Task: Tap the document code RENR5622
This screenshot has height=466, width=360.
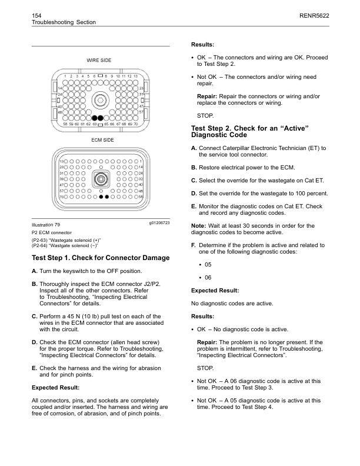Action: (x=314, y=12)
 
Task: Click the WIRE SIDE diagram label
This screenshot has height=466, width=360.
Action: (x=100, y=60)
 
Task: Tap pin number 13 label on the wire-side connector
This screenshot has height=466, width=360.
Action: (x=136, y=76)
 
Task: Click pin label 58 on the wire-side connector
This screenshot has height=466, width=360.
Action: (x=65, y=124)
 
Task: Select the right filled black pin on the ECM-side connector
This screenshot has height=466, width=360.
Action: (x=106, y=197)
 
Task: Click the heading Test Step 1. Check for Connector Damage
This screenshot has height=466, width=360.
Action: (x=100, y=258)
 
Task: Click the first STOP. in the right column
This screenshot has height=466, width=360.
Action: (x=205, y=115)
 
